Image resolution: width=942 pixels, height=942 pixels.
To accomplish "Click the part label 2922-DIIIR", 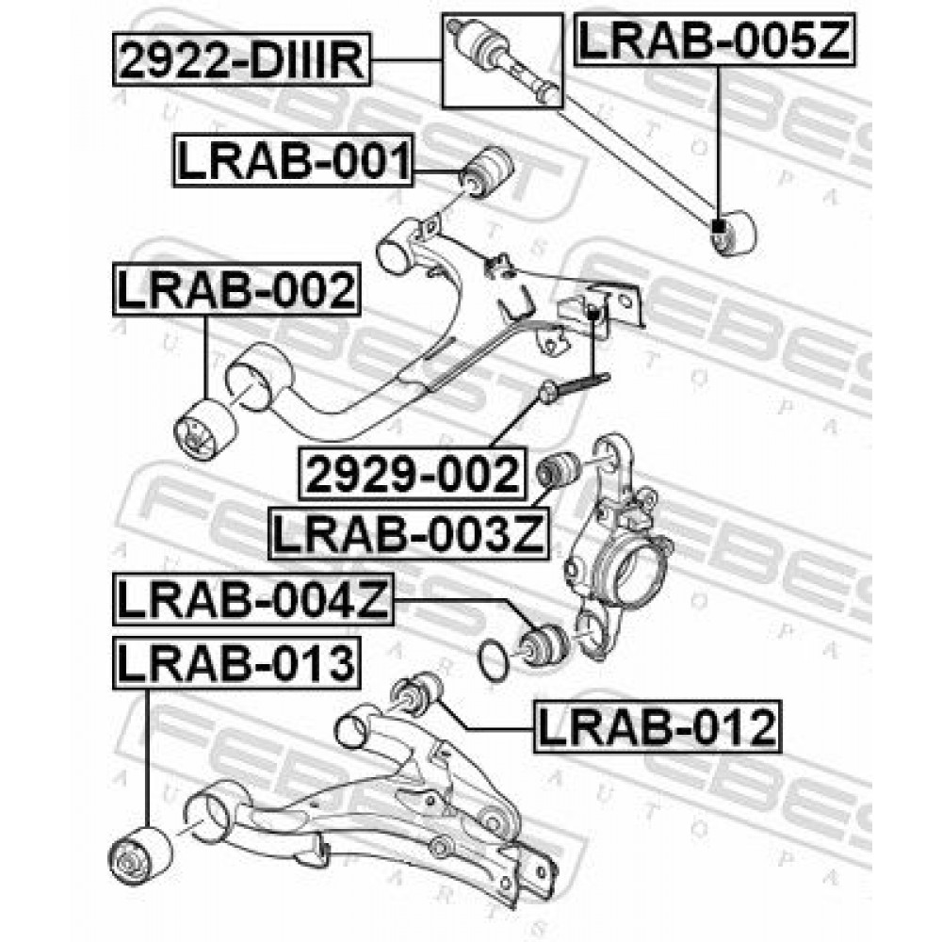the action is click(x=241, y=60).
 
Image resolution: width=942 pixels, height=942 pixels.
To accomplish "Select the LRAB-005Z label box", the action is click(x=714, y=40).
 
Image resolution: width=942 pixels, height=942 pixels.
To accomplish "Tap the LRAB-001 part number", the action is click(x=294, y=160).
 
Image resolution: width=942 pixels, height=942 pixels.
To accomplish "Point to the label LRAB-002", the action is click(x=236, y=289).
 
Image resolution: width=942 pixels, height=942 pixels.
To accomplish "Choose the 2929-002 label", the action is click(x=413, y=474).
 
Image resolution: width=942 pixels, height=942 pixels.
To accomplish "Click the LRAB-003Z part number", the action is click(x=409, y=533).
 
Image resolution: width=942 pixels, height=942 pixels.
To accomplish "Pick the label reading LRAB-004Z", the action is click(x=252, y=599).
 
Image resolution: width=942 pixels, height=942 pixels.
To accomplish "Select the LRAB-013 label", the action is click(x=236, y=663).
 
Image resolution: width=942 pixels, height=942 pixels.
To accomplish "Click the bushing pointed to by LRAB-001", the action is click(x=487, y=172).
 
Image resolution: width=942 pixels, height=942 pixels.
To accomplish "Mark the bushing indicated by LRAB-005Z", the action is click(x=733, y=233).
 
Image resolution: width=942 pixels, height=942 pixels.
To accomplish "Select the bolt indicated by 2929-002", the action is click(x=575, y=385).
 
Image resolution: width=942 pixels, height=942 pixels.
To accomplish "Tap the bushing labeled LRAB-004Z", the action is click(x=542, y=646).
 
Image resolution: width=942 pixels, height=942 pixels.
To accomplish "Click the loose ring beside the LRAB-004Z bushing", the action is click(x=495, y=661).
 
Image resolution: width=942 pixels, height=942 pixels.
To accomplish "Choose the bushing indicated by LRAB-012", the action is click(x=416, y=694).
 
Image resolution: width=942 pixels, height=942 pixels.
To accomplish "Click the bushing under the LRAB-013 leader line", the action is click(x=141, y=856).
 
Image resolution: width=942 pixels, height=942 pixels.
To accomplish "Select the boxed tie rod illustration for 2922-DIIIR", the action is click(x=503, y=60).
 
